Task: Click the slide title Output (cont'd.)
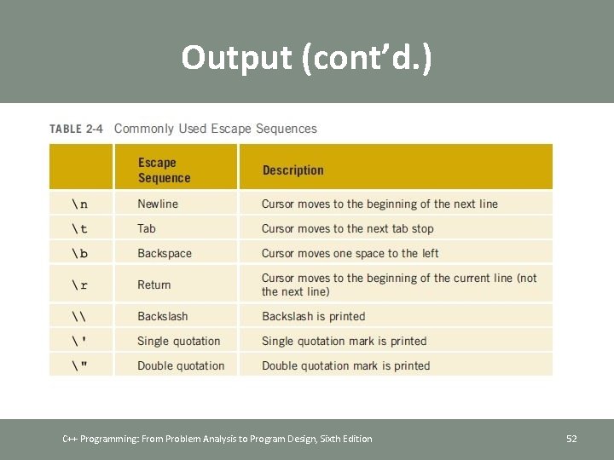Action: pos(306,57)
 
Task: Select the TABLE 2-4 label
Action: pos(76,129)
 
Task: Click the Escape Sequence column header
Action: pos(164,170)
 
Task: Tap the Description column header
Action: pos(293,170)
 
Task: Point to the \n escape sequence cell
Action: pos(79,204)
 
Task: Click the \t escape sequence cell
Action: pos(79,229)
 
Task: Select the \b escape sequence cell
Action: pos(79,254)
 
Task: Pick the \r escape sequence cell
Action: pos(79,285)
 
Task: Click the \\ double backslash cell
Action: pos(79,317)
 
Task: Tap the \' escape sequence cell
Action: pos(79,342)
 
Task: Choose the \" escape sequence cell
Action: pos(79,366)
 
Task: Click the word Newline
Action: pos(158,204)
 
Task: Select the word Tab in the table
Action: pos(147,229)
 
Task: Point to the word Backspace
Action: pos(165,254)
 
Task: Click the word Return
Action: pos(154,285)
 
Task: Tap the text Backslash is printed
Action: pos(313,317)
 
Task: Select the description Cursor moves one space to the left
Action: pos(350,254)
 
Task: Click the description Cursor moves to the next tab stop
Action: pos(347,229)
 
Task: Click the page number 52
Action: pos(571,439)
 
